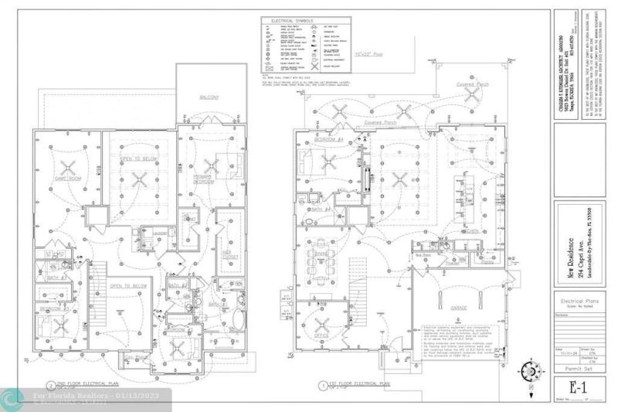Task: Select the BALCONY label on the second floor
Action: [209, 97]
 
